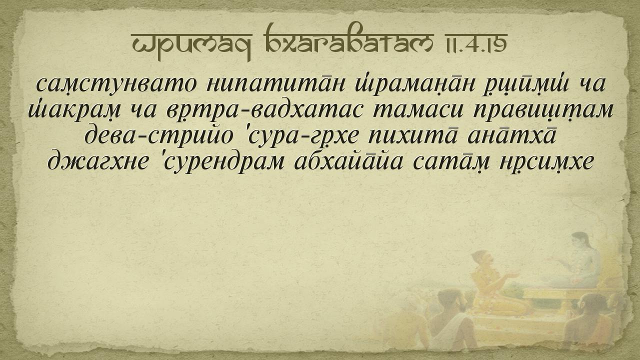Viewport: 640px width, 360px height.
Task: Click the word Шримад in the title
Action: [x=191, y=43]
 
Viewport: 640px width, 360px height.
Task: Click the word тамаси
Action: [x=417, y=110]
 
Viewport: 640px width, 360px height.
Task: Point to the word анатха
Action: [x=511, y=135]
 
